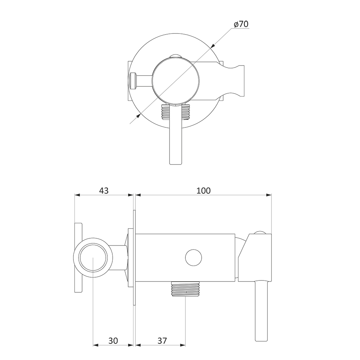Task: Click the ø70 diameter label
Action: tap(241, 24)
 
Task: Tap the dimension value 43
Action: tap(104, 190)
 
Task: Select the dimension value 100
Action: tap(203, 190)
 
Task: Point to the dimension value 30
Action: tap(113, 341)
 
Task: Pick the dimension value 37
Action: tap(162, 341)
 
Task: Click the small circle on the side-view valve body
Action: tap(194, 258)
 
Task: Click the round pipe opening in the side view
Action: tap(93, 258)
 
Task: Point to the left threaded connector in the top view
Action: tap(165, 112)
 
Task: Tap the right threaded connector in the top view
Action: tap(186, 112)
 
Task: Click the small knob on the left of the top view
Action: tap(133, 81)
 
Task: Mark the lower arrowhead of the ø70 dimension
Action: tap(138, 116)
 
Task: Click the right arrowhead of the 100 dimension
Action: tap(269, 195)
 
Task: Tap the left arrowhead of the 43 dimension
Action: tap(78, 195)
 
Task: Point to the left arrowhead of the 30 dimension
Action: tap(96, 345)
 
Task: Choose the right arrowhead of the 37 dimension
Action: tap(183, 345)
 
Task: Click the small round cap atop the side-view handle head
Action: tap(260, 233)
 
